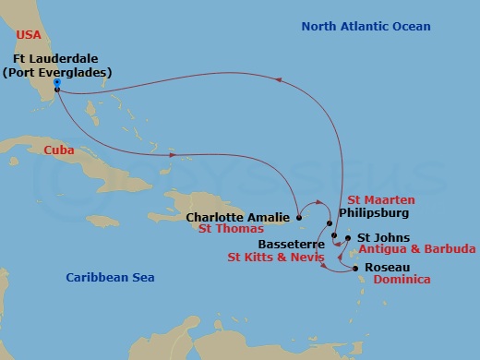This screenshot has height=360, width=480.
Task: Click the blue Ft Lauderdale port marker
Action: coord(57,83)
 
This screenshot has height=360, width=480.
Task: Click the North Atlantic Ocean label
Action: coord(366,27)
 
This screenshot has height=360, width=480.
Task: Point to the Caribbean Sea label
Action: coord(110,278)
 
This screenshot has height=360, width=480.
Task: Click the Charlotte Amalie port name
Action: coord(239,219)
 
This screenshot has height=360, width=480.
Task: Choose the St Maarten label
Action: coord(381,199)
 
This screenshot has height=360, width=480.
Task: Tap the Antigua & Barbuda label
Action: coord(416,249)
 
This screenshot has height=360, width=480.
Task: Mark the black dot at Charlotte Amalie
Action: coord(298,218)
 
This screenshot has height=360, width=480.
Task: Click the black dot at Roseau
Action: coord(356,269)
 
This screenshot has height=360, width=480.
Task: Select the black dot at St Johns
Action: coord(347,238)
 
